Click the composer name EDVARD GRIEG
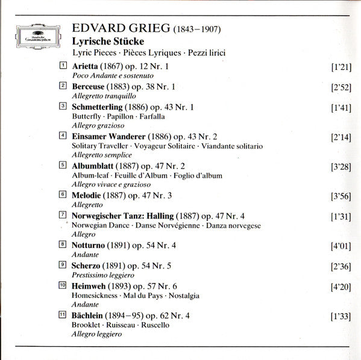121,28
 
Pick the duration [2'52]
341,87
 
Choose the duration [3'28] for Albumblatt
341,166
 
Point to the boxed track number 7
63,214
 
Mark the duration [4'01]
341,245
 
